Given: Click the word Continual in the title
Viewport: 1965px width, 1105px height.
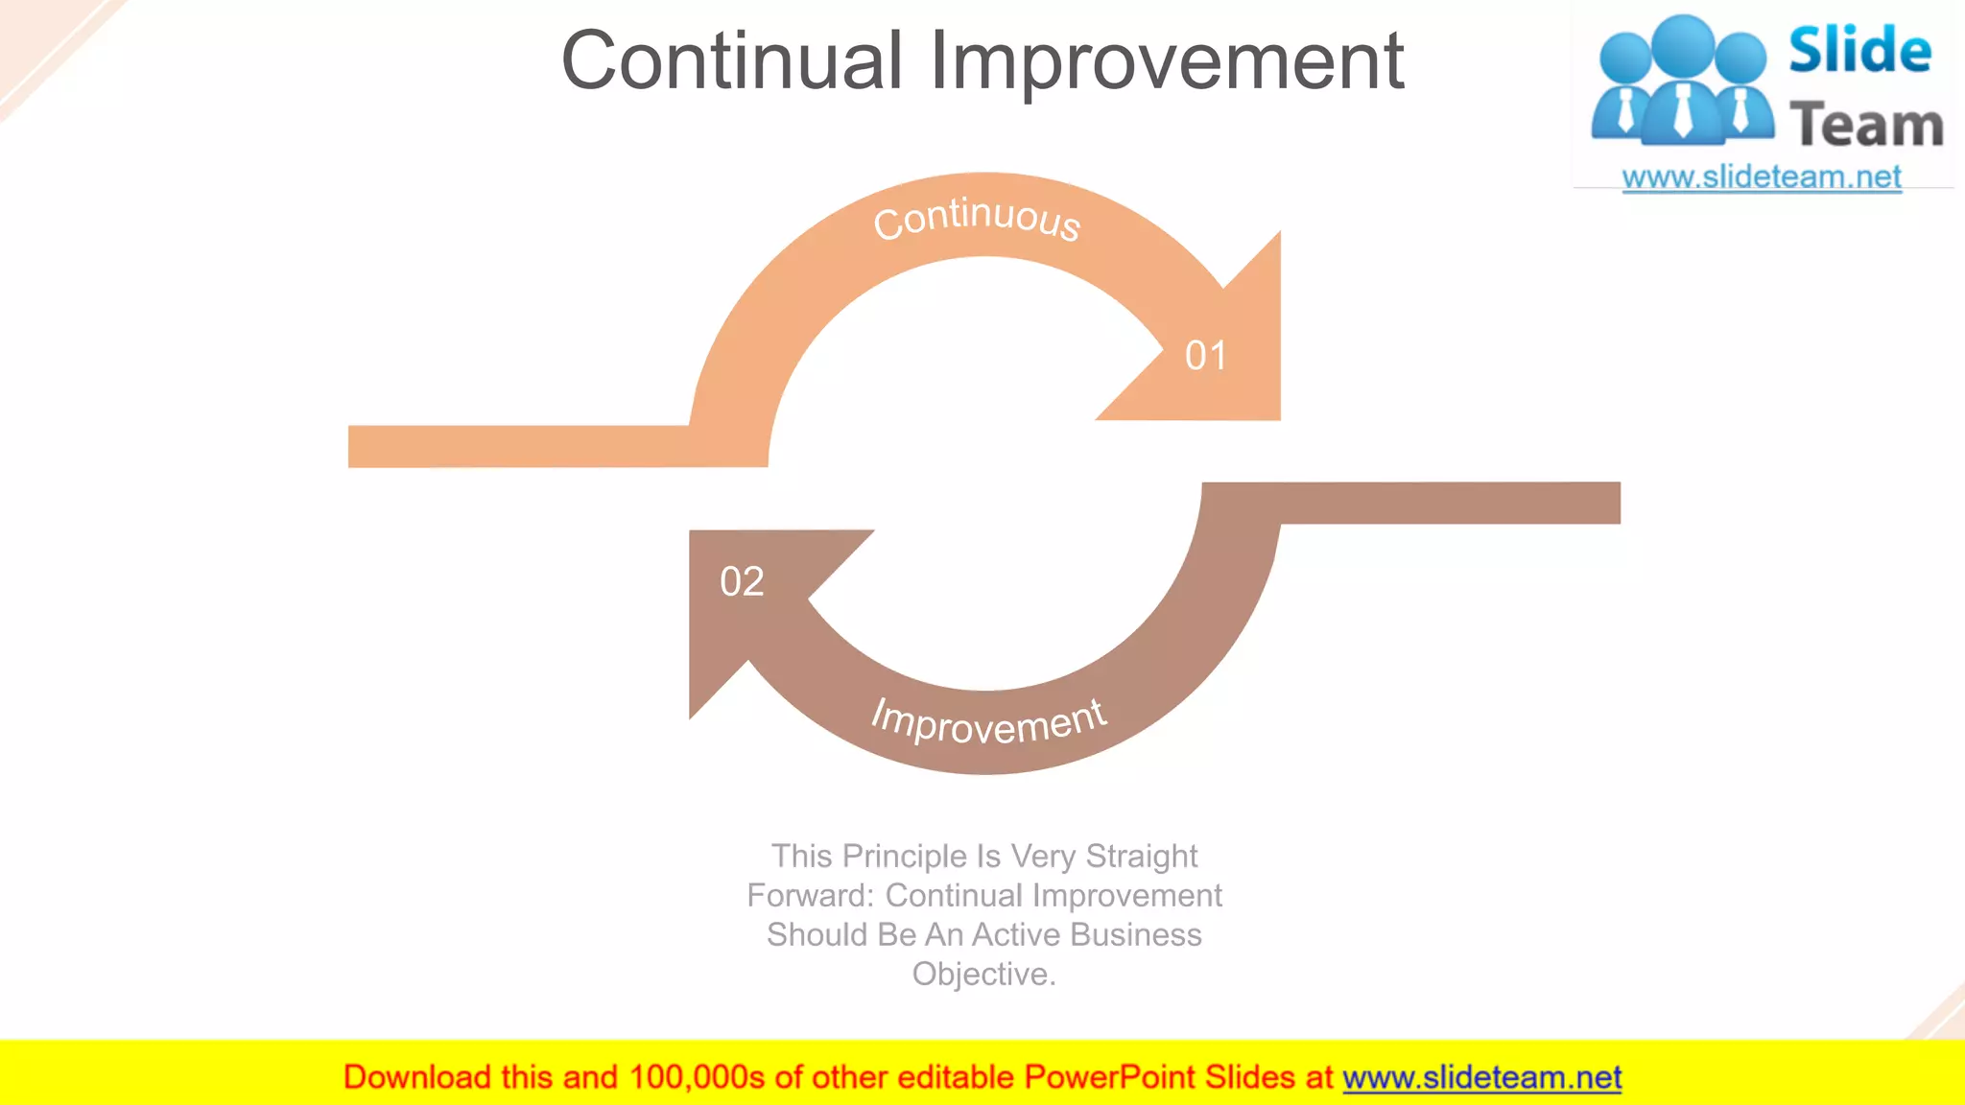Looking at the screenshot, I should click(731, 61).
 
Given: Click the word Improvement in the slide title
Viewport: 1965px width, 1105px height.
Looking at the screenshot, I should click(1167, 61).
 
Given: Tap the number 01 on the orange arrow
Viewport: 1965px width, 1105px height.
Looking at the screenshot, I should click(1205, 356).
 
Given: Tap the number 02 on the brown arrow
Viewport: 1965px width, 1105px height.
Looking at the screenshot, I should click(742, 581).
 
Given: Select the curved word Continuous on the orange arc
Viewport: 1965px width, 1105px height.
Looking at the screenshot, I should click(977, 218).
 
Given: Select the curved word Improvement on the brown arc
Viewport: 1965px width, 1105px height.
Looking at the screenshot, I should click(988, 721).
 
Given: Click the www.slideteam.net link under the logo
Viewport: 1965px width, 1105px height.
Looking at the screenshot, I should click(1761, 177).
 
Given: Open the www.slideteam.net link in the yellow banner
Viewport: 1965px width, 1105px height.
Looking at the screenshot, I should click(1481, 1077).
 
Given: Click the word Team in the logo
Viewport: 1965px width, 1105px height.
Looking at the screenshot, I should click(1865, 126).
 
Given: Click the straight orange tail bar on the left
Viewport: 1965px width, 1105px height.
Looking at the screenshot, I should click(518, 446).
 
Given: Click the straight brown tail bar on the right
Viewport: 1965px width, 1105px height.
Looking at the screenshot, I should click(1449, 503).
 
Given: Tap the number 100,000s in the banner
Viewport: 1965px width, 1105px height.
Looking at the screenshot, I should click(697, 1077).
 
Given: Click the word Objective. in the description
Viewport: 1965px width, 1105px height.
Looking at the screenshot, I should click(983, 974).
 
